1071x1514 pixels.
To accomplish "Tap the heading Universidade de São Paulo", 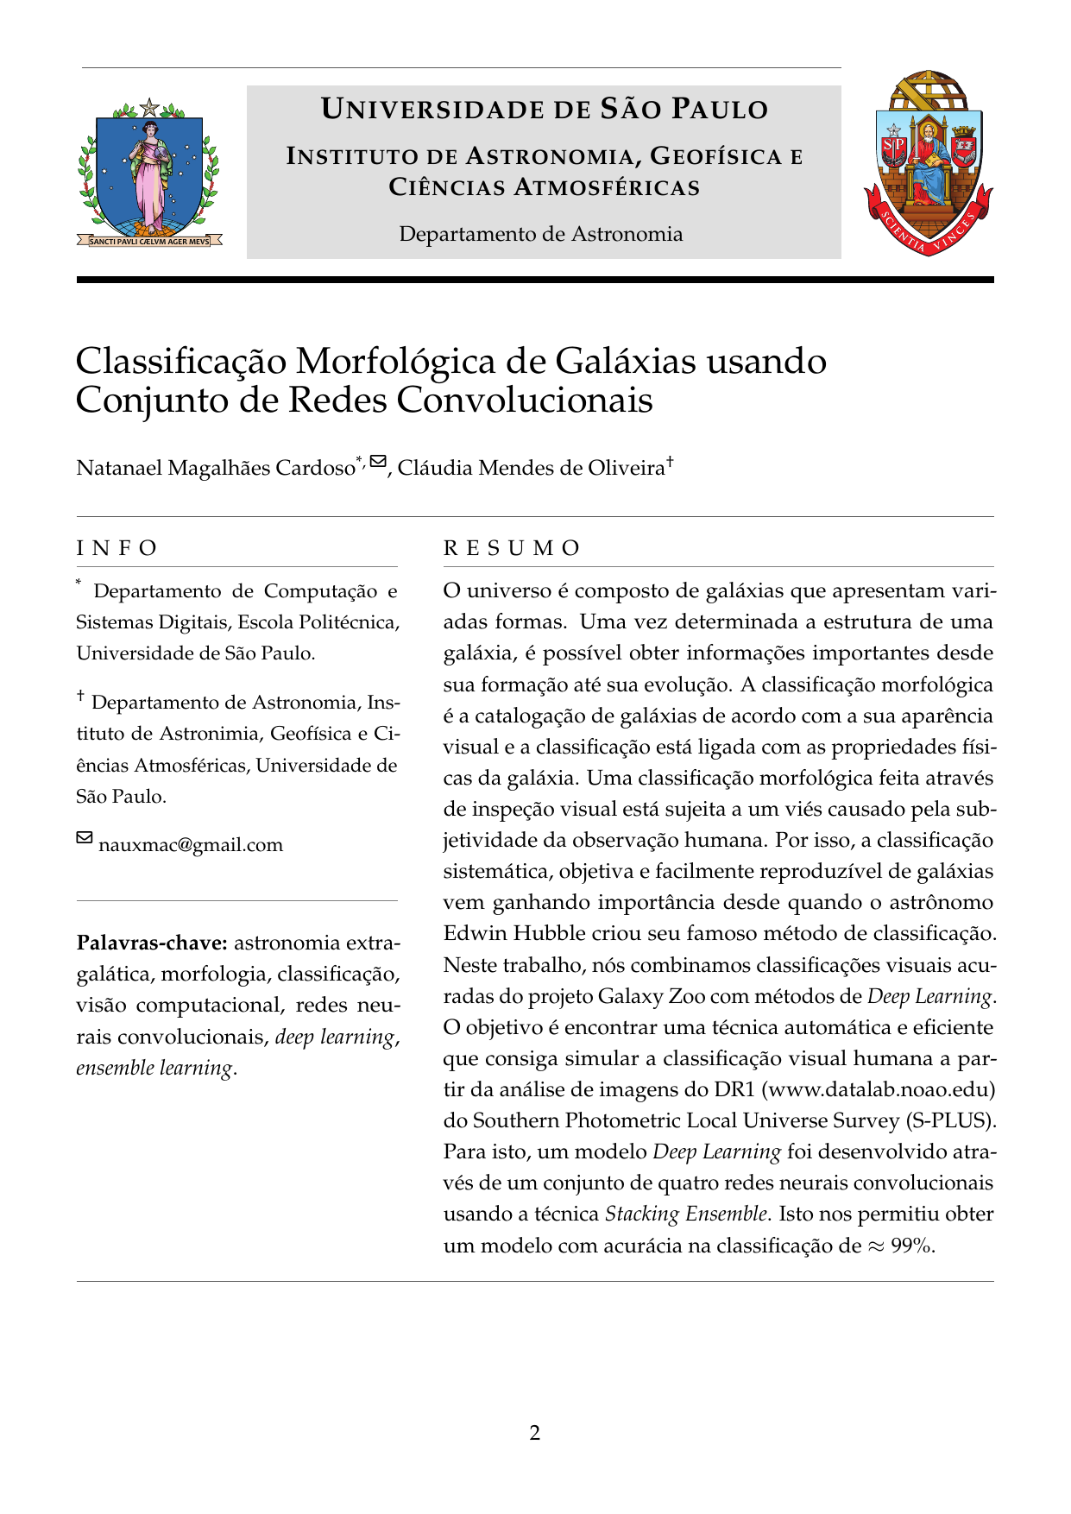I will tap(544, 110).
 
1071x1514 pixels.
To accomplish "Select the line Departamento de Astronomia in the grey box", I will tap(541, 234).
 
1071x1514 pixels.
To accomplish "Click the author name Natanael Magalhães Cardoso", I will tap(216, 468).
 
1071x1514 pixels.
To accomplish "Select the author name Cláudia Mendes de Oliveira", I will tap(531, 468).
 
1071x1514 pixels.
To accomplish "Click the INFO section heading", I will tap(117, 548).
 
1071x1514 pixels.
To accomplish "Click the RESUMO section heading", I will tap(512, 548).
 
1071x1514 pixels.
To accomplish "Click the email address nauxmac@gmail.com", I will tap(191, 845).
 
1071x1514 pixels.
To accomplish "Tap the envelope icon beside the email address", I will tap(85, 838).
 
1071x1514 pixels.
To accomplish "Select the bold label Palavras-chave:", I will tap(152, 942).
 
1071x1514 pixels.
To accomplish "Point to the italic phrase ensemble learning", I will tap(154, 1068).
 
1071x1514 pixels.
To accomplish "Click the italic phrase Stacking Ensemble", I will tap(685, 1214).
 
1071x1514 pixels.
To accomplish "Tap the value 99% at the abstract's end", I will tap(911, 1246).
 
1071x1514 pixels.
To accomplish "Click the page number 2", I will tap(535, 1434).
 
